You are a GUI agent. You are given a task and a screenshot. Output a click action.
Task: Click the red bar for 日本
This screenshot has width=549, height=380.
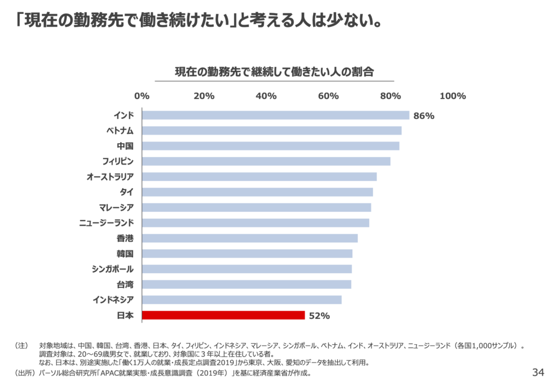[x=223, y=315]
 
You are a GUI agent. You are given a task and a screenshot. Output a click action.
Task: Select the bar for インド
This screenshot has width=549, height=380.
[x=276, y=115]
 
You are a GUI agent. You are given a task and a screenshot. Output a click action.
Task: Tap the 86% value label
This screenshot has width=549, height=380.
[x=424, y=116]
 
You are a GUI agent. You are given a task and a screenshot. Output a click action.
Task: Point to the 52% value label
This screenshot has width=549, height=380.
[x=319, y=316]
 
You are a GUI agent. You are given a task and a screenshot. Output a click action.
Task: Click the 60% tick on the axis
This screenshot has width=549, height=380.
[x=328, y=96]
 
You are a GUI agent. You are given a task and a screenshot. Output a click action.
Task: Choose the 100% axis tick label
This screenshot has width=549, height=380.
[x=452, y=96]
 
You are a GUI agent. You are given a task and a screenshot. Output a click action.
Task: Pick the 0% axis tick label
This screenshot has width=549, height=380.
[x=142, y=96]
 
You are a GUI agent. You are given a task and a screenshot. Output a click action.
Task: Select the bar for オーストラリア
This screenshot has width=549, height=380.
[x=259, y=177]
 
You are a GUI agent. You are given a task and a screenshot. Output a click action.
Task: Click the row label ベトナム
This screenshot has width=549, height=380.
[x=120, y=131]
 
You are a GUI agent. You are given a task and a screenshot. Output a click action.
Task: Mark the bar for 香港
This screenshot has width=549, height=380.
[x=250, y=239]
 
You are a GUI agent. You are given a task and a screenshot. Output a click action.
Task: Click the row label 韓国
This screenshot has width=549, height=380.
[x=125, y=254]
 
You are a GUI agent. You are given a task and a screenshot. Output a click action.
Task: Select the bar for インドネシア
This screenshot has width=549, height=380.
[x=242, y=300]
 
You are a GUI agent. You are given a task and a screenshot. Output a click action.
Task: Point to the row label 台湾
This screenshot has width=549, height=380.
[x=125, y=285]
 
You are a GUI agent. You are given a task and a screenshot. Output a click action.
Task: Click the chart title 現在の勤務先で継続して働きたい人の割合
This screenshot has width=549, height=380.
[x=274, y=71]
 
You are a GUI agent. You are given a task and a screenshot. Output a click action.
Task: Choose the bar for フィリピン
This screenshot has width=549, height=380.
[x=266, y=161]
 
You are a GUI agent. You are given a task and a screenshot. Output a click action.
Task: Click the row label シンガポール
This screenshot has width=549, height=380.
[x=113, y=269]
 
